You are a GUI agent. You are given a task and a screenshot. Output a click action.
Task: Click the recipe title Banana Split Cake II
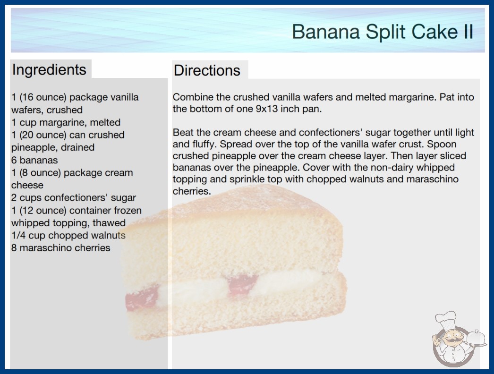pos(383,32)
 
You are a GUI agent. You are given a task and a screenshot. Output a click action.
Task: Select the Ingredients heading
pos(49,69)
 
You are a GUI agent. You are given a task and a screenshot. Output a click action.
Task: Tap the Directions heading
pos(207,70)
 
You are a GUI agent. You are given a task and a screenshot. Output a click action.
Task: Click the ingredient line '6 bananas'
pos(34,160)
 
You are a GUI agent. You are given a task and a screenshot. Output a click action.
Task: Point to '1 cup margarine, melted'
pos(66,122)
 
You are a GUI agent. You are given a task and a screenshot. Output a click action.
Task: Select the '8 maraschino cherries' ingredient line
pos(61,248)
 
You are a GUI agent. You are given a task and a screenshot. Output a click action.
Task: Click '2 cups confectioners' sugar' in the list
pos(74,197)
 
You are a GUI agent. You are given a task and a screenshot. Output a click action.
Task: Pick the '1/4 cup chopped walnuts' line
pos(68,235)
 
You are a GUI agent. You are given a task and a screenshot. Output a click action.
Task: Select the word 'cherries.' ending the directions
pos(192,191)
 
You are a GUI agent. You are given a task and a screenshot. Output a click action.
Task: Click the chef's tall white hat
pos(446,319)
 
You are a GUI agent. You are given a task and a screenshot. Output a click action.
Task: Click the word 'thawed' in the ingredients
pos(109,223)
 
